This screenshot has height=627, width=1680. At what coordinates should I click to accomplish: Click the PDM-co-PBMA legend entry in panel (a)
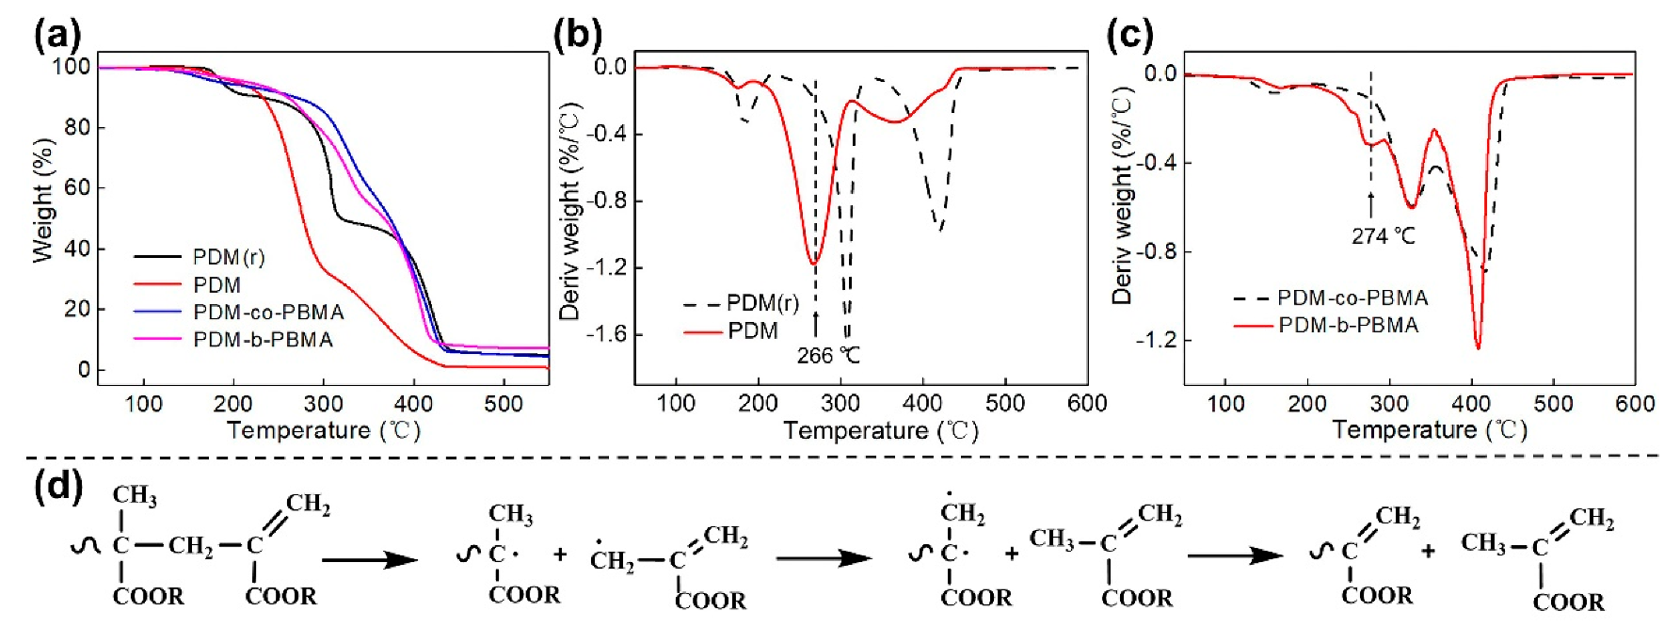tap(268, 313)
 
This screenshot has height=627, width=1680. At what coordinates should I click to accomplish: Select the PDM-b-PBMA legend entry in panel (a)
tap(263, 340)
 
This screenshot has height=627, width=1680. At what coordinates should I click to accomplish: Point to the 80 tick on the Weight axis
tap(77, 127)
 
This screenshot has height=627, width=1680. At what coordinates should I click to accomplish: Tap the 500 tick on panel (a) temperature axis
tap(503, 404)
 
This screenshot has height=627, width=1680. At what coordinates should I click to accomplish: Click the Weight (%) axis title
tap(42, 201)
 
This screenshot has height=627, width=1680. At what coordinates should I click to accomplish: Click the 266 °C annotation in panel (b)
tap(828, 356)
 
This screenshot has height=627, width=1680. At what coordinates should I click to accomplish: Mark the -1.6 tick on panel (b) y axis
tap(606, 334)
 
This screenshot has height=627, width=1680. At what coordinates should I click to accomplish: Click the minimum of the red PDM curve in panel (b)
tap(814, 262)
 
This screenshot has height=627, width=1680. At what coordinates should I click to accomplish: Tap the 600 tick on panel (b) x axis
tap(1087, 404)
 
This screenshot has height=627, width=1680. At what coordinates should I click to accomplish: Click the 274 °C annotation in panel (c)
tap(1383, 236)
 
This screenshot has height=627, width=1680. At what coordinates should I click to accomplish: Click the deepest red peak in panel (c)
tap(1478, 348)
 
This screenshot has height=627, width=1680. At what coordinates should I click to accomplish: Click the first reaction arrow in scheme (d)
tap(370, 560)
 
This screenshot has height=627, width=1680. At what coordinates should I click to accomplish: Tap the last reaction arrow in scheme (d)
tap(1235, 555)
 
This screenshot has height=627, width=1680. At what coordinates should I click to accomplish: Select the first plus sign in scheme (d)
tap(560, 555)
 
